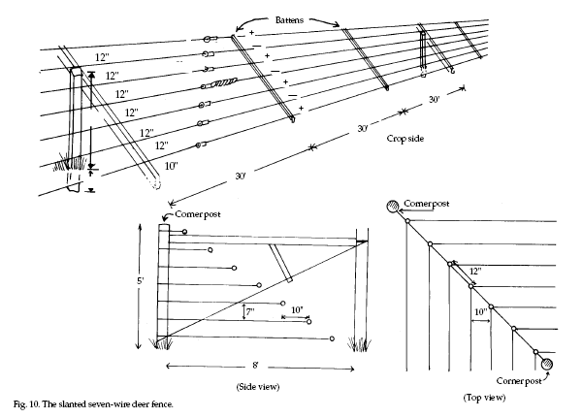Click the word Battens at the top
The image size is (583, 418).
point(289,20)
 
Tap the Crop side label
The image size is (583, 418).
point(405,139)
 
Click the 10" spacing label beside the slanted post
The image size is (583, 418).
point(171,166)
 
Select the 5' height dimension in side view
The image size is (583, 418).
point(140,280)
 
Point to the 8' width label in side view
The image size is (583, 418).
point(255,366)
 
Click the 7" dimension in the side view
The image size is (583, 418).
point(250,311)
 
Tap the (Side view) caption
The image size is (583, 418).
point(258,387)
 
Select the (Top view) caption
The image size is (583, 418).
point(484,398)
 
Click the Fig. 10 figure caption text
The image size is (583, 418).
point(93,404)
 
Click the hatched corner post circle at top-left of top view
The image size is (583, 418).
point(393,206)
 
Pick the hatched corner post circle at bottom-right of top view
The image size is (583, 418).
point(546,364)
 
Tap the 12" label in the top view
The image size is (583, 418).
point(475,272)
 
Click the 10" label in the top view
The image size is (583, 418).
point(481,311)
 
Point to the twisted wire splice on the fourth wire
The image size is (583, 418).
point(224,83)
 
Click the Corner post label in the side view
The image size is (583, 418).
point(198,214)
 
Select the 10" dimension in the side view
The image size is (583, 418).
point(297,309)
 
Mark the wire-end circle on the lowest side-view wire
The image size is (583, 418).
point(332,338)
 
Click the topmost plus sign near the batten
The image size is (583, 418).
point(251,33)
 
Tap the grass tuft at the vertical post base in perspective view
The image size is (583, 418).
point(70,163)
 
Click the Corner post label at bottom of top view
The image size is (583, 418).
point(519,381)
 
